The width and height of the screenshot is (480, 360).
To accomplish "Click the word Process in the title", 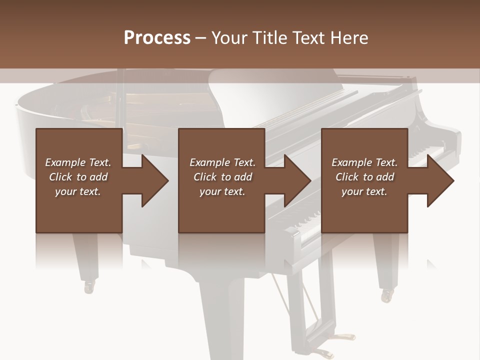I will pos(157,38).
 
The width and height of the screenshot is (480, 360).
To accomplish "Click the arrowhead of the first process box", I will pos(155,180).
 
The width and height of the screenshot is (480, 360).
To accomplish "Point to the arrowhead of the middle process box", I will pos(298,180).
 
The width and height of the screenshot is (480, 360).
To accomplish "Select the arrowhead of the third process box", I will pos(440,180).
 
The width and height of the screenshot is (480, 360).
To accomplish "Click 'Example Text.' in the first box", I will pos(78,162).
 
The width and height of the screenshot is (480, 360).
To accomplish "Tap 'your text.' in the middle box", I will pos(222,191).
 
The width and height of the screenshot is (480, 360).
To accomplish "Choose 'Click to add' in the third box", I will pos(364,177).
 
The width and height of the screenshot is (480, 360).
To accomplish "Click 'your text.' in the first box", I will pos(78,191).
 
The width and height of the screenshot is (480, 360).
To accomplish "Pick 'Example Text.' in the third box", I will pos(364,162).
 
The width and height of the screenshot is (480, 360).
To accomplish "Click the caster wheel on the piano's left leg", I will pos(89,286).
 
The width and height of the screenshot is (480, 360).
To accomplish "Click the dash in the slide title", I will pos(201,38).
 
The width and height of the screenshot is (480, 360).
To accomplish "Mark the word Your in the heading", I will pos(229,38).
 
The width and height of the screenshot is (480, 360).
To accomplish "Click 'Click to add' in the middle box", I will pos(222,177).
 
